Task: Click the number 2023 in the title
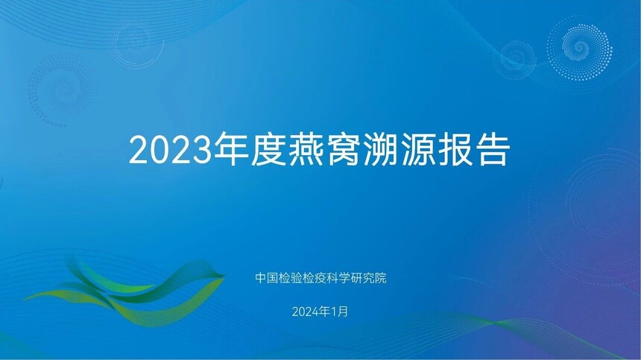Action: pos(171,151)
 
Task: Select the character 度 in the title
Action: pos(268,149)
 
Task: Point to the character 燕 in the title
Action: pos(306,149)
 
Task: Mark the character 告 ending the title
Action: pos(493,149)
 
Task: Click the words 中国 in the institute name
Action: pos(268,278)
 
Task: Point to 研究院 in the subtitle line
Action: pos(367,278)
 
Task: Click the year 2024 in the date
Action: pos(306,312)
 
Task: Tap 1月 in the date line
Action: pos(339,312)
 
